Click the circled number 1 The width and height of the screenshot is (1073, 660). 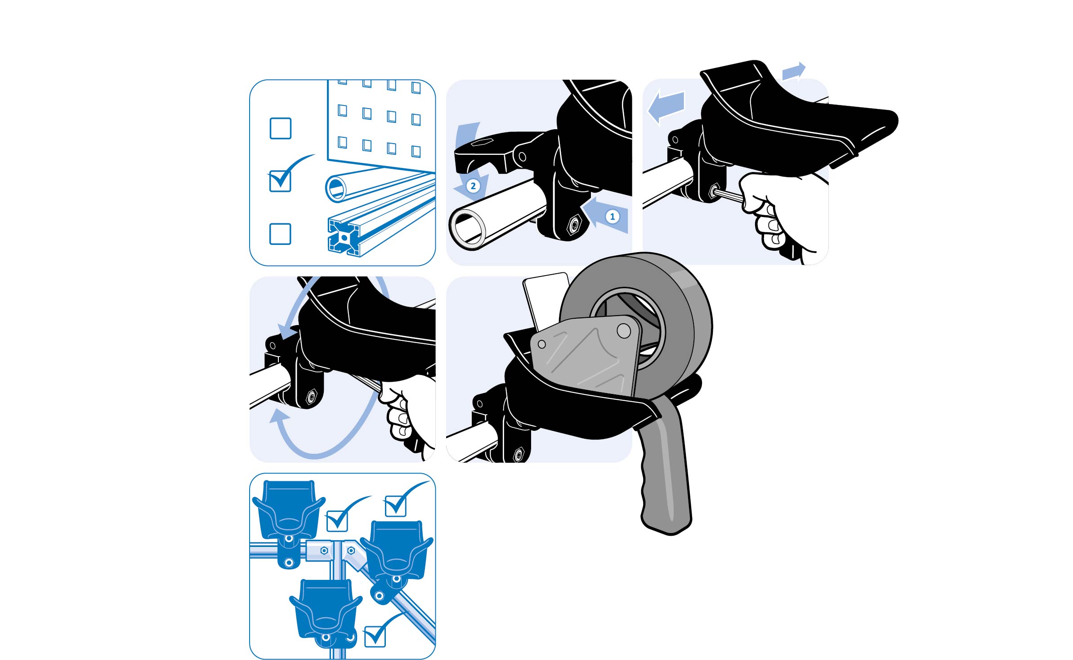point(612,217)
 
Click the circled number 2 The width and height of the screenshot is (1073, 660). point(473,186)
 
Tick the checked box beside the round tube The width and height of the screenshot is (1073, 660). point(280,181)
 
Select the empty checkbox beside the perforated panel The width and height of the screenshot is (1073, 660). point(280,128)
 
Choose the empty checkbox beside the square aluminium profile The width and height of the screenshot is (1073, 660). point(280,234)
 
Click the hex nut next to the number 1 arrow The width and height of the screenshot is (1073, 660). point(573,224)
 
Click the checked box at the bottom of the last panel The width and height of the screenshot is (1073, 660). point(375,636)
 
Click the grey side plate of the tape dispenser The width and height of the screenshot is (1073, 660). point(585,356)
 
